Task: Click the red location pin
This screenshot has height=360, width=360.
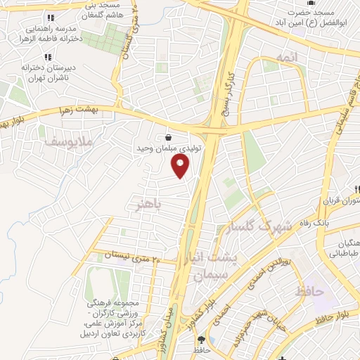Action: click(x=181, y=167)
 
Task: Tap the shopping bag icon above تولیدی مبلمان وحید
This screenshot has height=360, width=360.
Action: click(x=169, y=138)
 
